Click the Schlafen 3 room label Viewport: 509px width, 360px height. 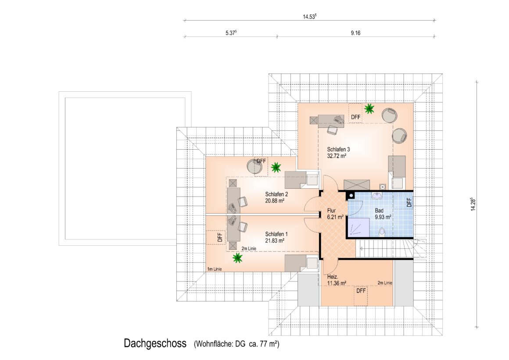(x=338, y=149)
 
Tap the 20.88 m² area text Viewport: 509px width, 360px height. (x=275, y=201)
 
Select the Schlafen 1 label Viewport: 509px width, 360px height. (x=276, y=234)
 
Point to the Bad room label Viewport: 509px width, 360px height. (x=379, y=211)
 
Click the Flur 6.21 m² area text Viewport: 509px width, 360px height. (x=335, y=217)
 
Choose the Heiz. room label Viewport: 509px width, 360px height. (x=333, y=277)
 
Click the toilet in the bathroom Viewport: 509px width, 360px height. (x=382, y=232)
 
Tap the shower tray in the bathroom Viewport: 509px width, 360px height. (x=358, y=227)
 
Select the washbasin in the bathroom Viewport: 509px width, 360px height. (x=377, y=196)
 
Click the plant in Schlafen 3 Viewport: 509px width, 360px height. (x=369, y=109)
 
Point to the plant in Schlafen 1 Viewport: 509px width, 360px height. (x=238, y=258)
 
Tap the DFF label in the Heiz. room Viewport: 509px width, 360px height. (x=361, y=291)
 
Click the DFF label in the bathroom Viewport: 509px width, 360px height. (x=409, y=203)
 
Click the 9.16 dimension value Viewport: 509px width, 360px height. (x=355, y=33)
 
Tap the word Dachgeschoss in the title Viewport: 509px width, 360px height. (x=155, y=343)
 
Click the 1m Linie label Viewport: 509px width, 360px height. (x=215, y=269)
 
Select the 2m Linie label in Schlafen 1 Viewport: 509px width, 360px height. (x=249, y=248)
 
